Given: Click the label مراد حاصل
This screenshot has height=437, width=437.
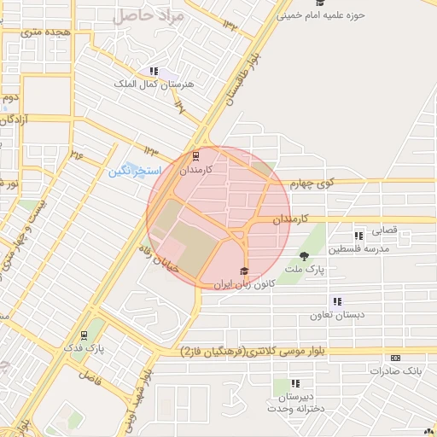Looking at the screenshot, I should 148,15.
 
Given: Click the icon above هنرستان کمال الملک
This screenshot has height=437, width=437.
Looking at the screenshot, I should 154,72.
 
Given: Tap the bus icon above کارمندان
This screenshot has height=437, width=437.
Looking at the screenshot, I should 196,156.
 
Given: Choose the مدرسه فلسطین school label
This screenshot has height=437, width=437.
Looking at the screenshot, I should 364,248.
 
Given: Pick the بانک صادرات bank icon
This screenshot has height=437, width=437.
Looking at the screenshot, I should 395,358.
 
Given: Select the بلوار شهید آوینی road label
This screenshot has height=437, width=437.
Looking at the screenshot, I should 142,388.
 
